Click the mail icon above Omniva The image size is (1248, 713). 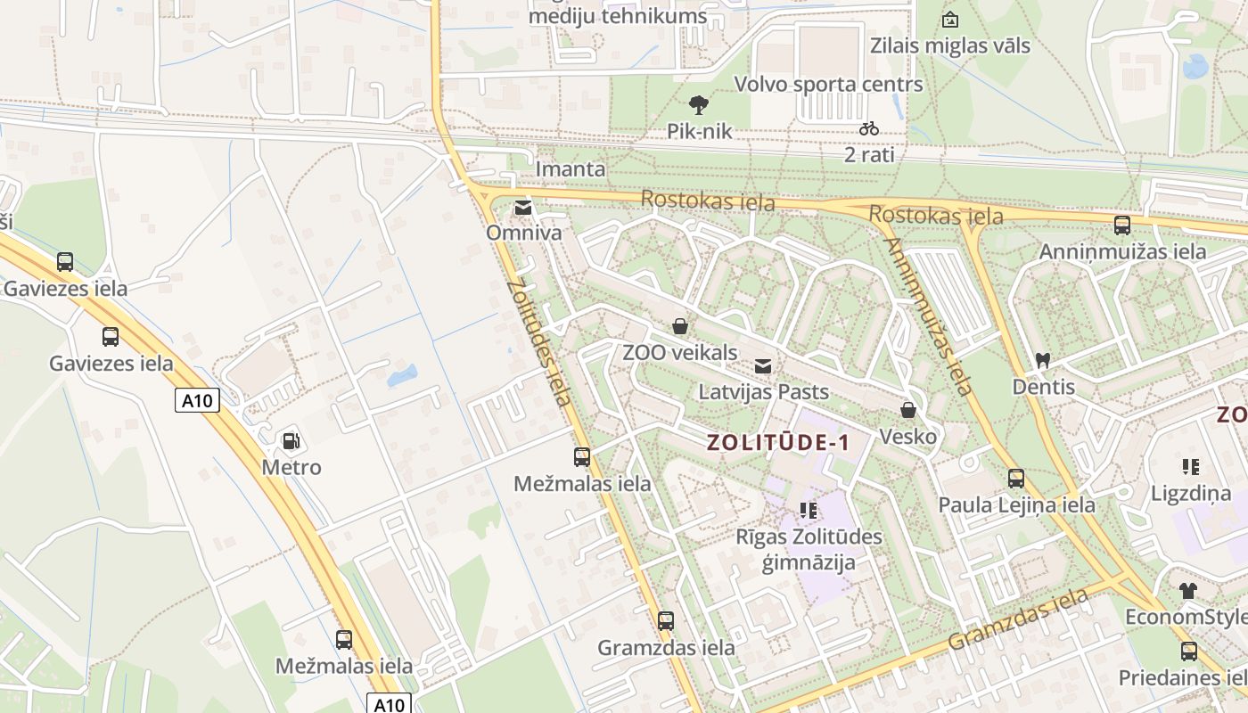(x=523, y=209)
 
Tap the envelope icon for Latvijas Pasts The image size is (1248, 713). (x=763, y=365)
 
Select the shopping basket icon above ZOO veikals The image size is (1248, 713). (x=680, y=326)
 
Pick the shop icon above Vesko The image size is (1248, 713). (x=908, y=410)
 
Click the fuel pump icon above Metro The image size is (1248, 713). (x=291, y=440)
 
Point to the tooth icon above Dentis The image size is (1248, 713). (x=1043, y=361)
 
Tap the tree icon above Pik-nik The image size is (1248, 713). (x=700, y=105)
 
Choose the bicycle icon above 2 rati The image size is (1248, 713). (x=869, y=128)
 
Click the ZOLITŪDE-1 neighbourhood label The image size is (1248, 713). (x=778, y=443)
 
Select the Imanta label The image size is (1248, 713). (x=571, y=169)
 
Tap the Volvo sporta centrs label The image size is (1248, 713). (x=828, y=85)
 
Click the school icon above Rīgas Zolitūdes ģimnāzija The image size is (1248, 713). (x=809, y=511)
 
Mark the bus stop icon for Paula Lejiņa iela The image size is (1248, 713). (x=1016, y=479)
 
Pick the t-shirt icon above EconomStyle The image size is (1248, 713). (x=1188, y=590)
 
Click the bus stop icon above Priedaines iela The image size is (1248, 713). (x=1189, y=652)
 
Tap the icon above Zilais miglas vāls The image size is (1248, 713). (x=950, y=20)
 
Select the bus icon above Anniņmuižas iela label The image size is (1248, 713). (x=1122, y=225)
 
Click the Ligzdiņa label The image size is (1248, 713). (x=1190, y=494)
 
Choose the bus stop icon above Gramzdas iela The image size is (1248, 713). (x=666, y=621)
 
